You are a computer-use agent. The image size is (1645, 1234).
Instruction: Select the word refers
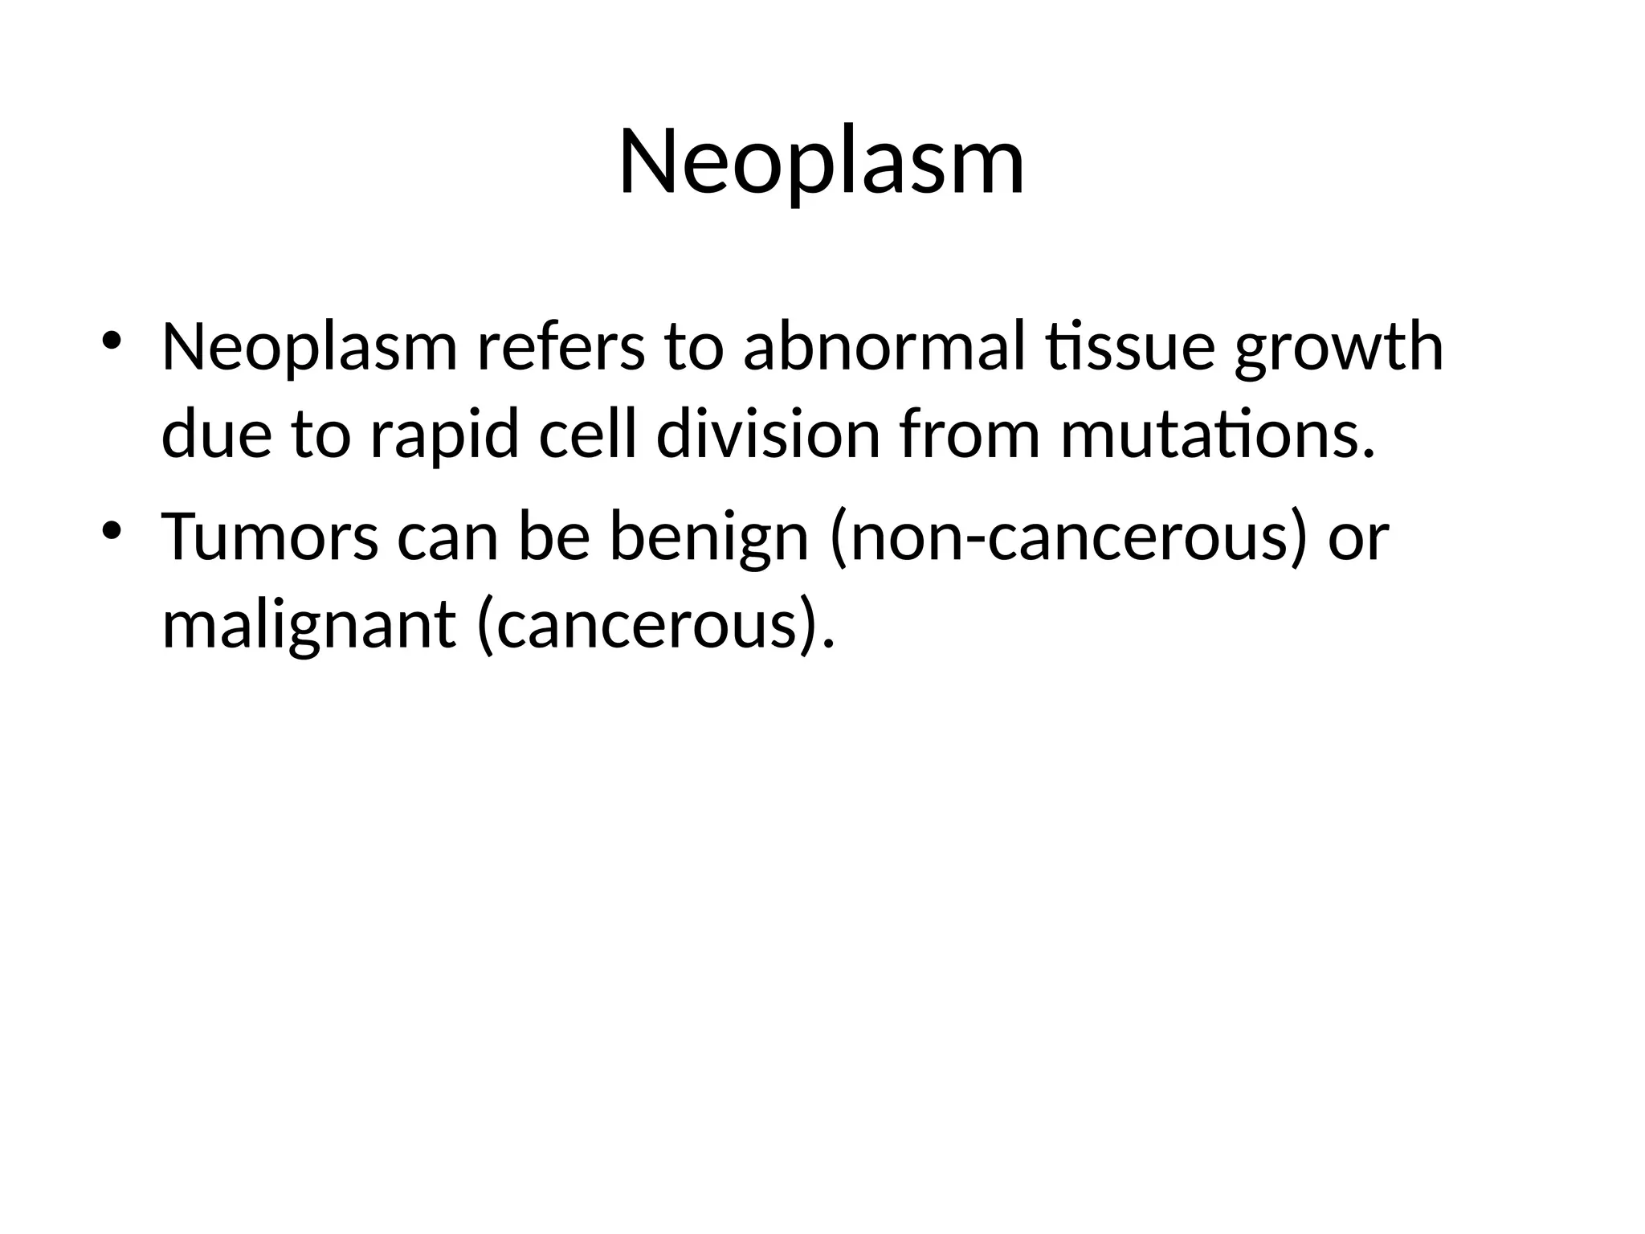(561, 348)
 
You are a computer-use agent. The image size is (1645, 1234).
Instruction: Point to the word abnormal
(884, 348)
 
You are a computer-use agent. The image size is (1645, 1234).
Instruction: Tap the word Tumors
(270, 537)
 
